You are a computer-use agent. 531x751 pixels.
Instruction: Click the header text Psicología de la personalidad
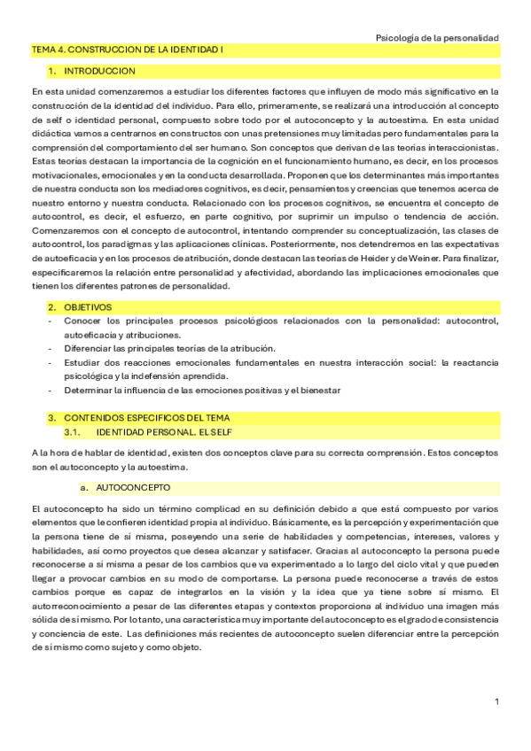[x=437, y=38]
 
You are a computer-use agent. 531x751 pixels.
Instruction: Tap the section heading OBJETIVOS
[x=88, y=306]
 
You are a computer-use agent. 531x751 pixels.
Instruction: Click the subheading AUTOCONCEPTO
[x=133, y=488]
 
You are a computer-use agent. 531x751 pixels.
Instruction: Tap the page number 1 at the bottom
[x=497, y=701]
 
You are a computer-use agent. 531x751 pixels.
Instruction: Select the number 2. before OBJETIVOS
[x=52, y=306]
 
